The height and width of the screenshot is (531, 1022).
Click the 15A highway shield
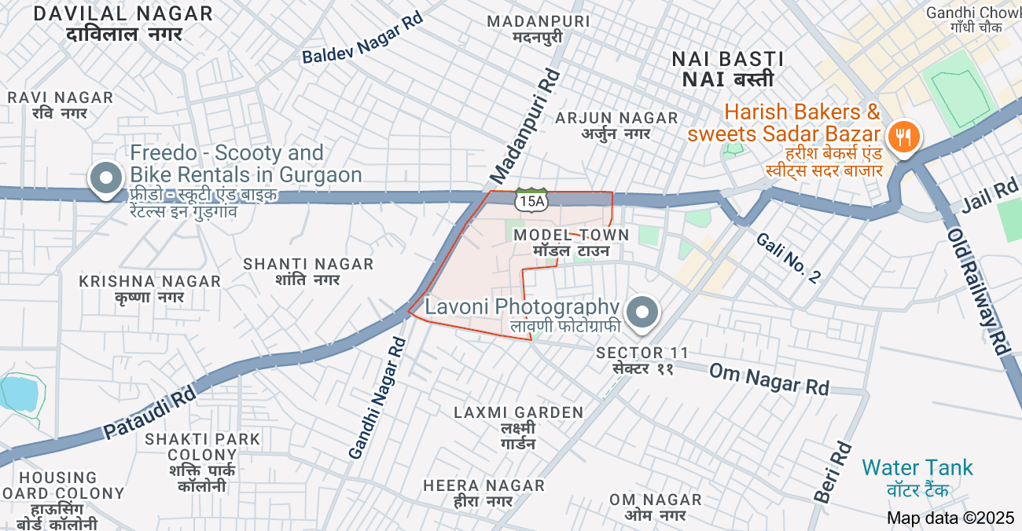click(531, 201)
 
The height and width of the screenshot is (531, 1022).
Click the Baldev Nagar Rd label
click(362, 38)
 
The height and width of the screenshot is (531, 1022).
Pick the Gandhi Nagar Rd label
click(378, 397)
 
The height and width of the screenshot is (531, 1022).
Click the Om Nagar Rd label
click(769, 379)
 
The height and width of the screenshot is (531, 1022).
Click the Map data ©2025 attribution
click(950, 518)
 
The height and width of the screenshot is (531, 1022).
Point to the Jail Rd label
click(989, 198)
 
